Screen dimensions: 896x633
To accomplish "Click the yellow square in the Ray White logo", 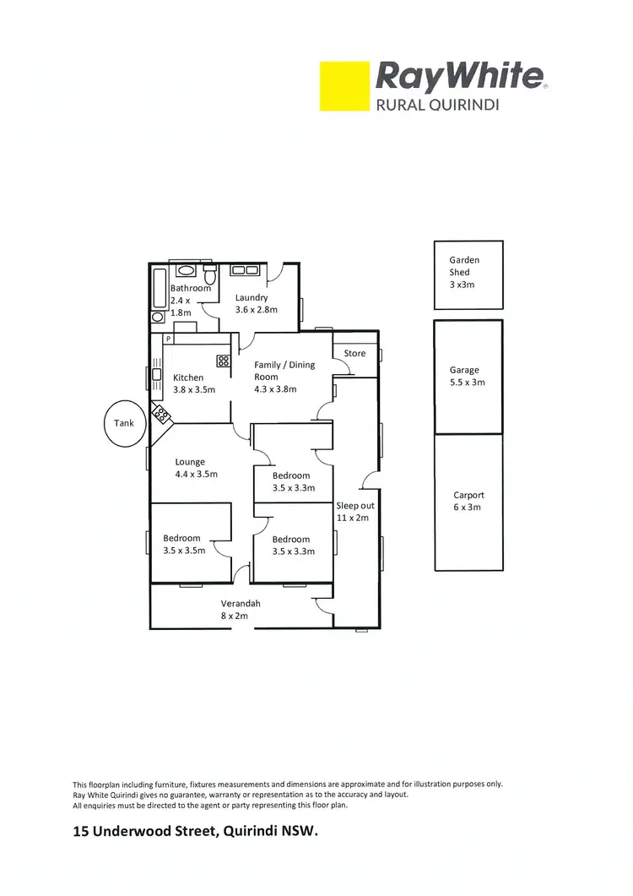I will pos(344,85).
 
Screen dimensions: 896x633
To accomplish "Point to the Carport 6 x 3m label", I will pos(468,502).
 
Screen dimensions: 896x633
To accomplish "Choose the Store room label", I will pos(354,353).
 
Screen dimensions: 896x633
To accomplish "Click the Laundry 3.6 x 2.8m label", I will pos(252,303).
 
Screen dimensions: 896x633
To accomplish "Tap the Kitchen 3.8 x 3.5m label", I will pos(193,383).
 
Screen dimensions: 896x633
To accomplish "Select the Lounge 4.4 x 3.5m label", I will pos(196,468).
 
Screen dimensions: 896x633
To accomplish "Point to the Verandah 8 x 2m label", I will pos(241,610).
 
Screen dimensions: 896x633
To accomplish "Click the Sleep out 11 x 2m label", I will pos(354,512).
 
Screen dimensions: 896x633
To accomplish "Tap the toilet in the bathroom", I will pos(210,275).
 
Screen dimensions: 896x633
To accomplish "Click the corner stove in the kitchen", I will pos(160,415).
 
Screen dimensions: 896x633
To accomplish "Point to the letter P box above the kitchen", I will pos(169,339).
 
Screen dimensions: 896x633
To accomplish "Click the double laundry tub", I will pos(245,270).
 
